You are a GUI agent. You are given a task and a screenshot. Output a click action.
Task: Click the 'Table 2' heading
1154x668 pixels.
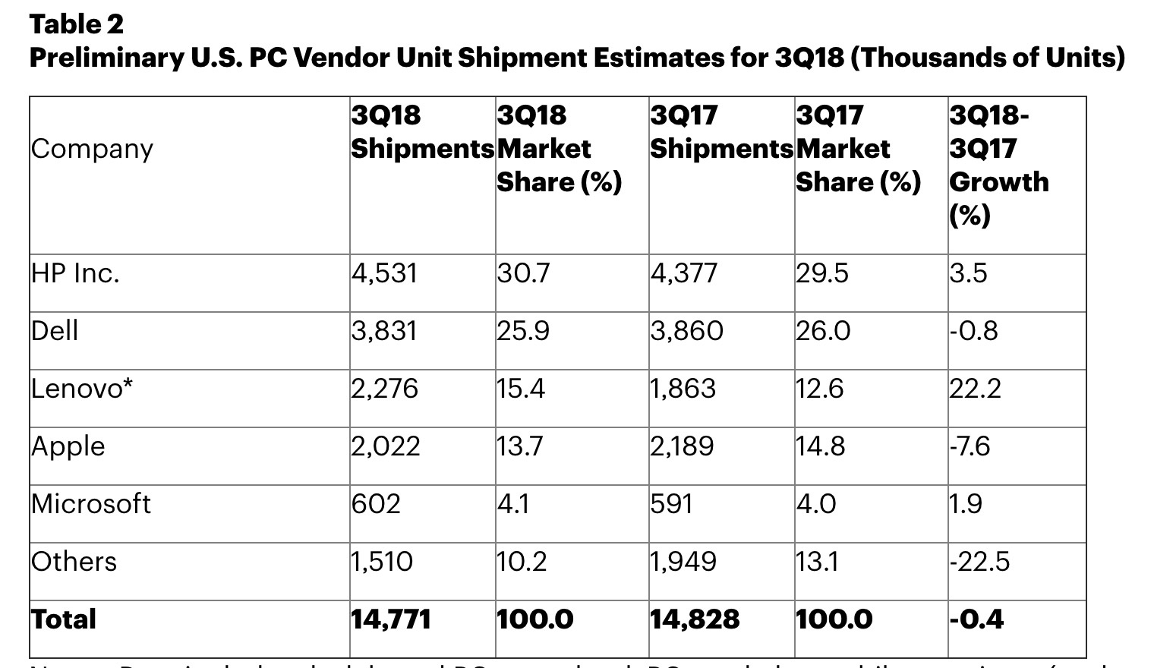(x=76, y=24)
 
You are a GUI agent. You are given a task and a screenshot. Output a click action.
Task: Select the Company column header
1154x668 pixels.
(x=92, y=149)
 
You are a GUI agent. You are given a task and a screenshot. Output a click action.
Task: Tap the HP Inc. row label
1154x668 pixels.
(x=75, y=273)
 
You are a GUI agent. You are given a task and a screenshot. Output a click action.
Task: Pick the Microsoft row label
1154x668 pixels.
(x=91, y=504)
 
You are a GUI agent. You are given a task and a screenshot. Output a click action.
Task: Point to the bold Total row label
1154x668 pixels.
(x=64, y=619)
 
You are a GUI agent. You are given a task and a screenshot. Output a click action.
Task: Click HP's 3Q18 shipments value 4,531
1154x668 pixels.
(x=384, y=273)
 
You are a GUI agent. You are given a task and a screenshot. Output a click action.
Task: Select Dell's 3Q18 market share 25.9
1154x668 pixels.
(x=523, y=331)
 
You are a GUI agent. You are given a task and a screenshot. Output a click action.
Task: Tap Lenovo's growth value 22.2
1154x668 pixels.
(x=975, y=389)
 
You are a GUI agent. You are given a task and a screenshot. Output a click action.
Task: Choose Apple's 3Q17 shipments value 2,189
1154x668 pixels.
(x=682, y=446)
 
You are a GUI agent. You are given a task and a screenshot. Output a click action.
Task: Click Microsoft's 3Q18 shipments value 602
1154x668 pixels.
(x=376, y=504)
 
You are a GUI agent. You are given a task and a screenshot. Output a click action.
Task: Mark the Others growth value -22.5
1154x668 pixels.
(x=979, y=562)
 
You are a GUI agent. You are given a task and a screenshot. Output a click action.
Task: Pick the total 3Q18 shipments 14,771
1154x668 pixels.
(x=390, y=619)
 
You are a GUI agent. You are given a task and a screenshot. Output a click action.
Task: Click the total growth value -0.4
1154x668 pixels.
(x=976, y=619)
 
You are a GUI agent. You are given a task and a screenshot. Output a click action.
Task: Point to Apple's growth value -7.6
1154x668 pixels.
(x=970, y=446)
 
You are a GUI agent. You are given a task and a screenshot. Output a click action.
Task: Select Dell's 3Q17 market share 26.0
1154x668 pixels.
(x=823, y=331)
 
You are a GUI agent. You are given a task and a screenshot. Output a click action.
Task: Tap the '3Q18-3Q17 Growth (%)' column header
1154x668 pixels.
(x=998, y=165)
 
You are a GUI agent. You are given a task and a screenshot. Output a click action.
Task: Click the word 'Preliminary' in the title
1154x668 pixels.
(x=104, y=58)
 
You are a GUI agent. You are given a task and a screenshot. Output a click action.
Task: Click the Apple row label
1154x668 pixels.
(x=68, y=446)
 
